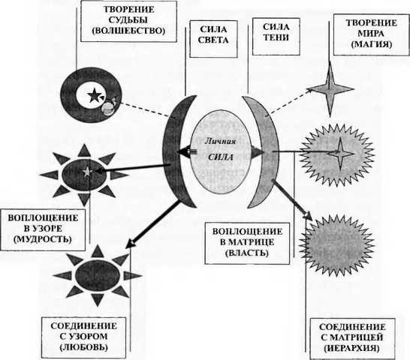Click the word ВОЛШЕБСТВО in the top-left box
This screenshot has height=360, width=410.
point(128,31)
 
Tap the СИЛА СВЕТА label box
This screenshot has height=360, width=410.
point(213,39)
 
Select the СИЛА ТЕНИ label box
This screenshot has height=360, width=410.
point(276,36)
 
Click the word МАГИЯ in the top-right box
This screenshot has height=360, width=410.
point(372,44)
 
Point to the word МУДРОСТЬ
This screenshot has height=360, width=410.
point(43,239)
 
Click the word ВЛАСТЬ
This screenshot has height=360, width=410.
point(247,253)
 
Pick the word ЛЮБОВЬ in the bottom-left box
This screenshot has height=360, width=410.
point(83,347)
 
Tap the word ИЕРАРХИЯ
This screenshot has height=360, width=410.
point(351,348)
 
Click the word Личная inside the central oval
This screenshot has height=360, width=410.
point(220,142)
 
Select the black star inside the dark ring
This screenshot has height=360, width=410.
point(93,94)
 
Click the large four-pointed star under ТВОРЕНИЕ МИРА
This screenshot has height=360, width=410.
point(330,89)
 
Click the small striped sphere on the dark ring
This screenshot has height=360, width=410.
point(107,108)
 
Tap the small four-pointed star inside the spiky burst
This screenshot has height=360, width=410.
point(340,153)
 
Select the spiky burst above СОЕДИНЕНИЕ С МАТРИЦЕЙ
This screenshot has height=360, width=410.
point(337,245)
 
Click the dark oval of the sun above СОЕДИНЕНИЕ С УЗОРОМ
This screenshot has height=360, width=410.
point(98,275)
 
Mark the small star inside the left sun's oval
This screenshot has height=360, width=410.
point(86,172)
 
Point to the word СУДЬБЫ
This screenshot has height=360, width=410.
point(128,20)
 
